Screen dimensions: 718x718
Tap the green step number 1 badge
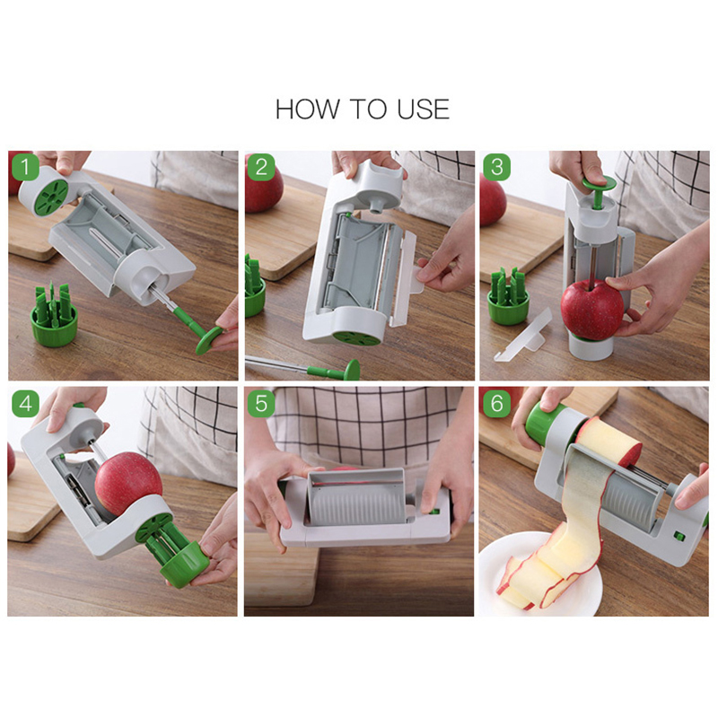point(26,167)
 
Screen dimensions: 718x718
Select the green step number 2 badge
point(261,167)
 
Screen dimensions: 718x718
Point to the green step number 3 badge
point(497,167)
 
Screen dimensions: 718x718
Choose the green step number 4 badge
point(26,403)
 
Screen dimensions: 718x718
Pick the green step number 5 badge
point(261,403)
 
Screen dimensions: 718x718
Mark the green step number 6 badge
point(497,403)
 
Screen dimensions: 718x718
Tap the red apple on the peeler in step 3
point(591,310)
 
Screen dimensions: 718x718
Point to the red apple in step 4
point(128,483)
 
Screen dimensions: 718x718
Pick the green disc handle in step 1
point(210,339)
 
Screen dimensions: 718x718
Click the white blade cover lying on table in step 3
point(523,337)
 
